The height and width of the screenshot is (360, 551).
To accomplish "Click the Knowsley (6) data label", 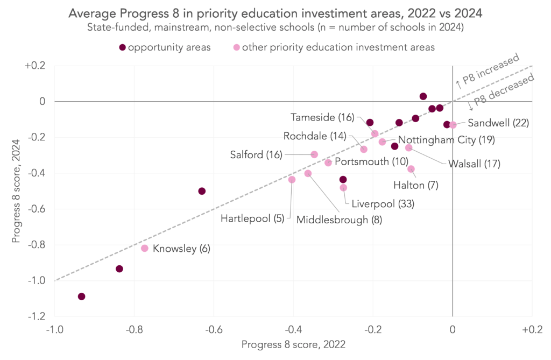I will tap(181, 249).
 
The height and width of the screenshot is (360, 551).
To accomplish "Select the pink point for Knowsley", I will tap(145, 248).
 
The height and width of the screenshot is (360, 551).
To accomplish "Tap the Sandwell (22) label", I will tap(498, 123).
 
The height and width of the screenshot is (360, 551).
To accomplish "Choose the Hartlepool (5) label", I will tap(253, 218).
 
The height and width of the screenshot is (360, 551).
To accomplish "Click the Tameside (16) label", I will tap(322, 117).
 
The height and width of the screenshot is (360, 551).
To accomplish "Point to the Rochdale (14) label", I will tap(315, 136).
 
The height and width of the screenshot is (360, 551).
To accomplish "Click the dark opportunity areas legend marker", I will tap(123, 47).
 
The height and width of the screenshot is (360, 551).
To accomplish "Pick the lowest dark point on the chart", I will tap(81, 297).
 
